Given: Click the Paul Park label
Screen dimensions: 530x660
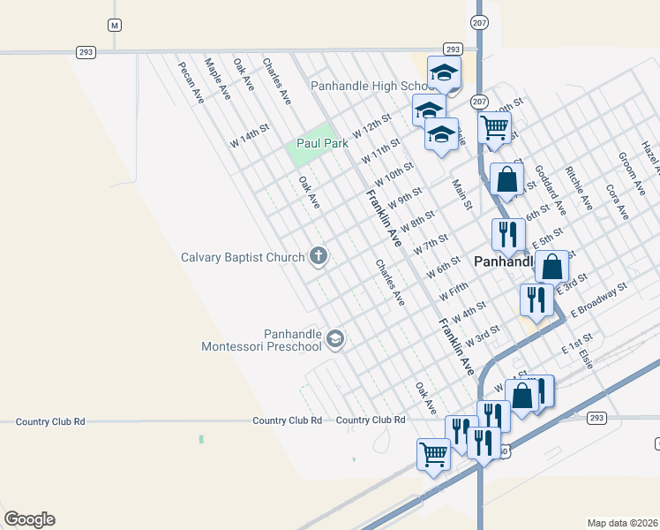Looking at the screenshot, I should (319, 143).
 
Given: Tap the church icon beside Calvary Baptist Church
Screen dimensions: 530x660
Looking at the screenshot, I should (319, 257).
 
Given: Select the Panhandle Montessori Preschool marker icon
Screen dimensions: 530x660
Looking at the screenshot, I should (334, 338).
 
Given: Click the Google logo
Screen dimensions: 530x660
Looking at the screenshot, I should (29, 519).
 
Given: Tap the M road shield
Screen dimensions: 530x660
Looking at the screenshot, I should (114, 25).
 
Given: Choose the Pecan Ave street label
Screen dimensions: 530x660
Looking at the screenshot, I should (191, 82).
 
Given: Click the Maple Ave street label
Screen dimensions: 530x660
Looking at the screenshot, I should (217, 79).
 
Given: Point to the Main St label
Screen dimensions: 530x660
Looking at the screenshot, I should (462, 194).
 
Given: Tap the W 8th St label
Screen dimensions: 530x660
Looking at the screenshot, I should (417, 220).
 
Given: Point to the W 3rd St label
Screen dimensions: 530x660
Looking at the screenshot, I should (483, 335).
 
